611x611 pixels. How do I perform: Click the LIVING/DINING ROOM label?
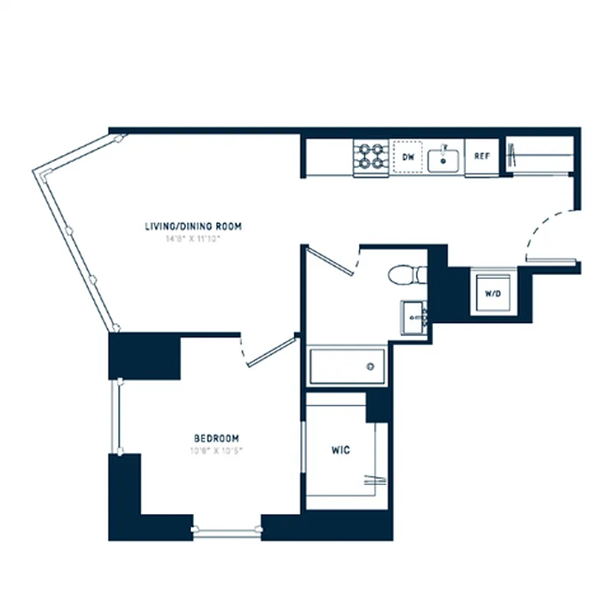tap(193, 226)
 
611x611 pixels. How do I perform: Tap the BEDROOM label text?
tap(216, 438)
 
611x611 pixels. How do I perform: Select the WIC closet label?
tap(340, 451)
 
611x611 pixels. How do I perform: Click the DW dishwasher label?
tap(408, 157)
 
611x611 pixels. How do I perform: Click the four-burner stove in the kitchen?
tap(372, 157)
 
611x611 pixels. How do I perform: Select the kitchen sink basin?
tap(443, 160)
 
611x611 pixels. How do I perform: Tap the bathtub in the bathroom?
tap(348, 366)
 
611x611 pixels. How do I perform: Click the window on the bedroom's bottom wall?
tap(227, 532)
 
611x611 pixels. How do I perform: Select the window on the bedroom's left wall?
tap(117, 417)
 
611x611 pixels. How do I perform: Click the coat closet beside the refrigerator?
tap(541, 157)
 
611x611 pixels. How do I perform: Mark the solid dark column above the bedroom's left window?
tap(144, 356)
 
